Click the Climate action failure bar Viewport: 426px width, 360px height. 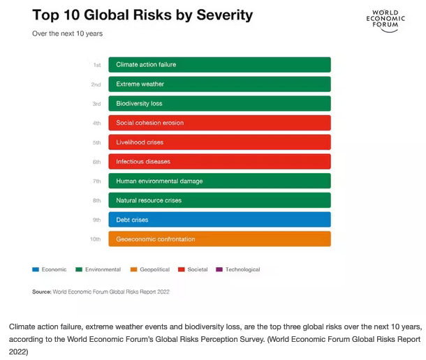[219, 65]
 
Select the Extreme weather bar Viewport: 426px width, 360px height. [219, 84]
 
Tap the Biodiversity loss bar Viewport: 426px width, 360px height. [219, 103]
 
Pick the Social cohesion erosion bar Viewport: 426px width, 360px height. [219, 123]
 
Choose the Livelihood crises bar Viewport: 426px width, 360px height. [219, 142]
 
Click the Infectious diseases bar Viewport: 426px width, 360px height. [219, 162]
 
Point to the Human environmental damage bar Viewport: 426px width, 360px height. [219, 181]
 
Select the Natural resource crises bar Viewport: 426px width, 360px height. [219, 200]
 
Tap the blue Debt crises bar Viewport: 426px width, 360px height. [219, 220]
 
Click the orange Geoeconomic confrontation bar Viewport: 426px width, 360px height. [219, 239]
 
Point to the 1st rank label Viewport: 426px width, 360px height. [97, 65]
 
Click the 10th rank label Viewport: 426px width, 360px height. [96, 239]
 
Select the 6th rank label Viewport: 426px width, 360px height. [97, 162]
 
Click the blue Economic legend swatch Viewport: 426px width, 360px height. [36, 269]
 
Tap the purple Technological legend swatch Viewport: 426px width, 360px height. [219, 269]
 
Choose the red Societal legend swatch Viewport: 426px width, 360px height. [182, 269]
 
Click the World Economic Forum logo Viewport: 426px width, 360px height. [385, 20]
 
